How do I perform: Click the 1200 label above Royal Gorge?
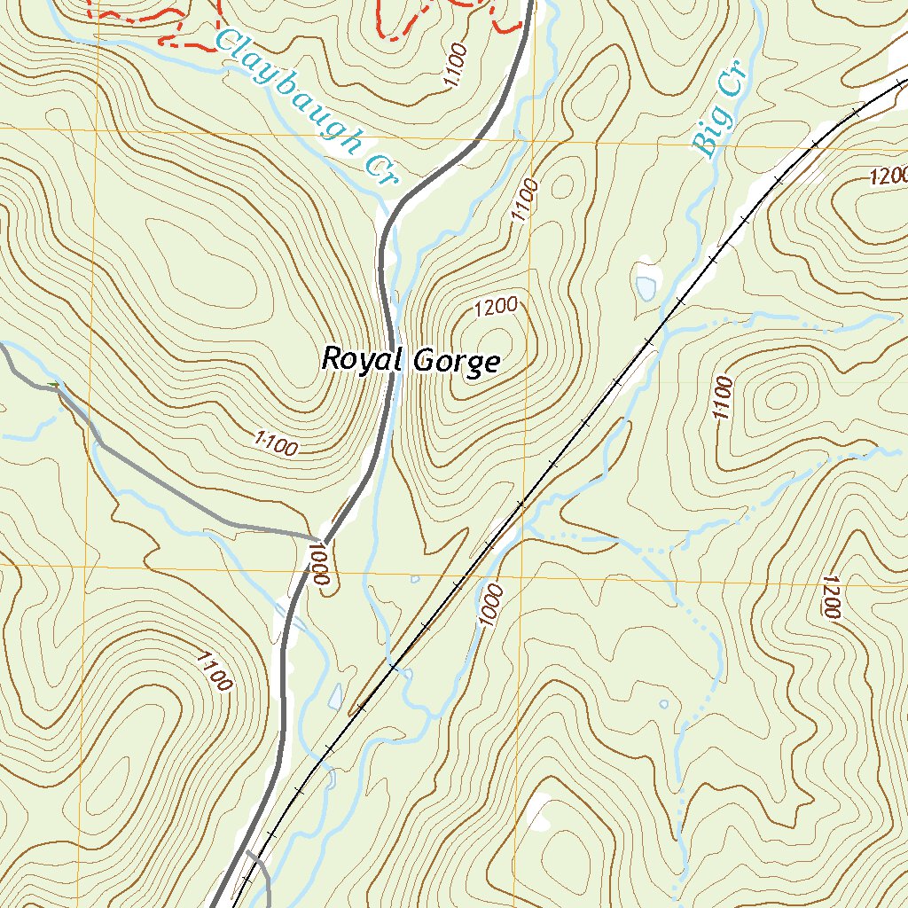tap(496, 308)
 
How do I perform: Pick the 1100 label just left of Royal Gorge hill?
tap(274, 444)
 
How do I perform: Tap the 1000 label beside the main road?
tap(320, 564)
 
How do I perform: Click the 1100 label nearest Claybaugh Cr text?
tap(455, 67)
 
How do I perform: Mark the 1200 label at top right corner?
tap(888, 176)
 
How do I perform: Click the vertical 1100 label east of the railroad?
tap(723, 399)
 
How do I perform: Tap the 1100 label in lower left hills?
tap(213, 671)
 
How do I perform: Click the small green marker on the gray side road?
tap(56, 384)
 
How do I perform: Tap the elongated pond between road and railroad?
tap(334, 697)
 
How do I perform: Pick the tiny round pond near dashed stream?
tap(664, 705)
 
